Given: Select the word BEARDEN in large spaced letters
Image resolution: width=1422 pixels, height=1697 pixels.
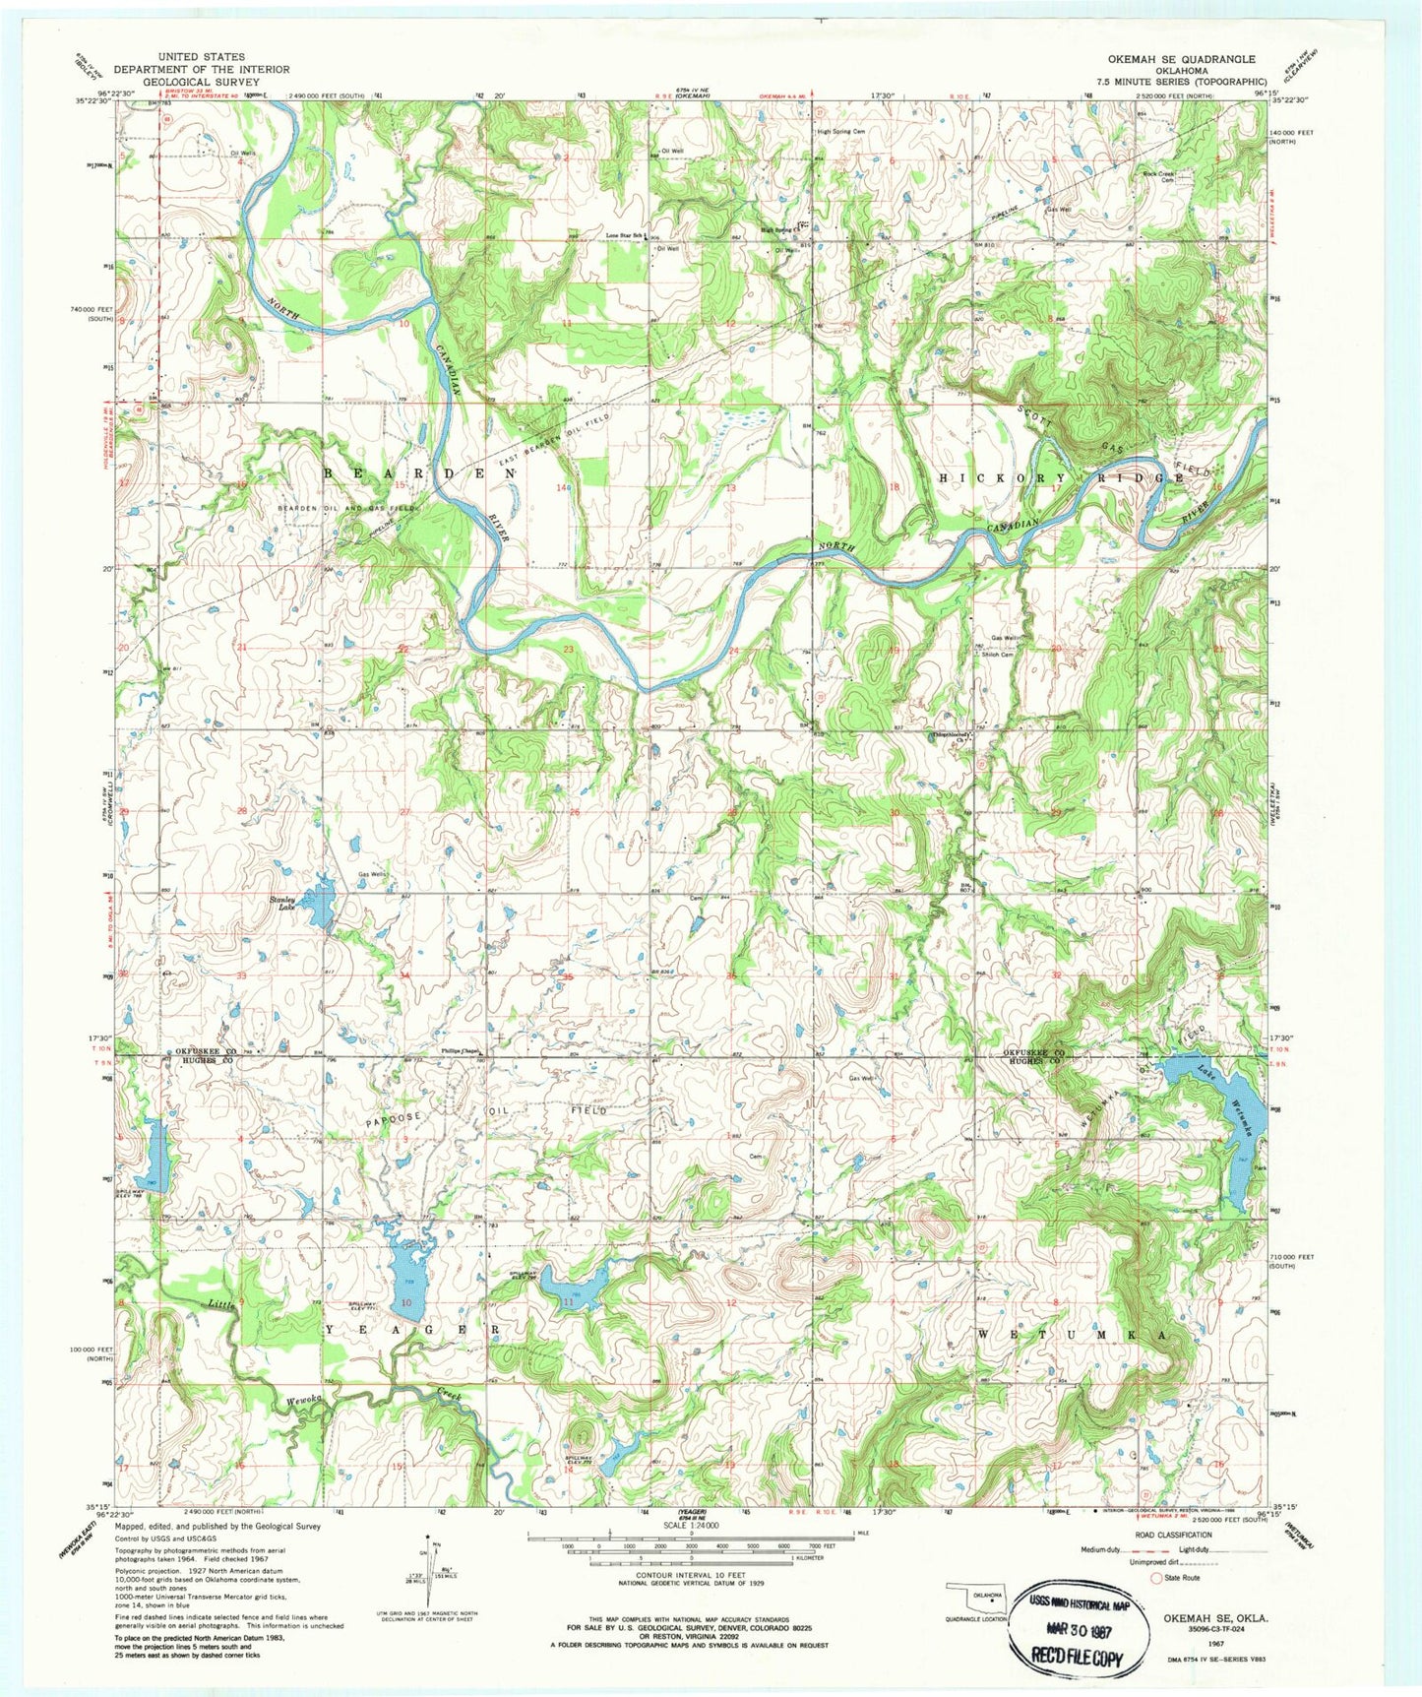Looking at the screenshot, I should [x=417, y=473].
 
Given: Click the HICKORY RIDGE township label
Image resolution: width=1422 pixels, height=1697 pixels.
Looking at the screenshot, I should [x=1060, y=477].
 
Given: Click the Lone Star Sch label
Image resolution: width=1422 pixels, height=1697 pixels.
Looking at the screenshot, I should [x=625, y=235].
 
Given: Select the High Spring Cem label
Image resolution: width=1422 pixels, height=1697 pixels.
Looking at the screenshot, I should [x=840, y=131].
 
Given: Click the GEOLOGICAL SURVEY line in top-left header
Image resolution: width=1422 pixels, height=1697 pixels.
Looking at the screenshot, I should [x=202, y=82].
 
